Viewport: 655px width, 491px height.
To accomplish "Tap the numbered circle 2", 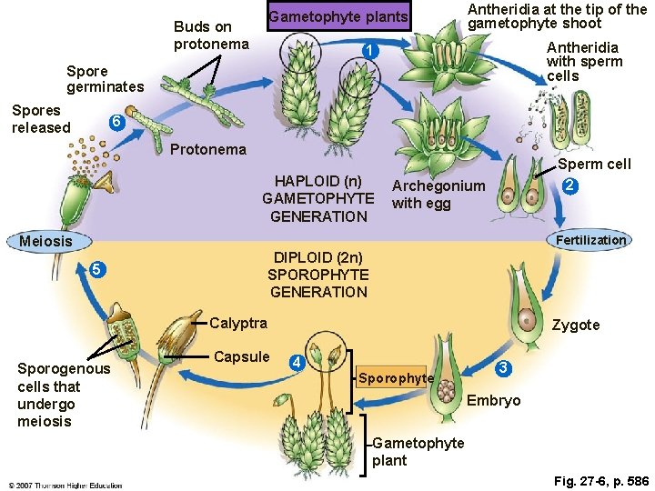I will click(568, 186).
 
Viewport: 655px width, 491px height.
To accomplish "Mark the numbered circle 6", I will click(115, 123).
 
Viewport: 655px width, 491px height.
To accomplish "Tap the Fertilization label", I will click(591, 240).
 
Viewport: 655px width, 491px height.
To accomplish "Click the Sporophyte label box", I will click(396, 377).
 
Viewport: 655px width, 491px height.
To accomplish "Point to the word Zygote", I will click(578, 325).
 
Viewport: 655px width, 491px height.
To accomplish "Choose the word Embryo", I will click(493, 401).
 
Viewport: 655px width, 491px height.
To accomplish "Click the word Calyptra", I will click(238, 323).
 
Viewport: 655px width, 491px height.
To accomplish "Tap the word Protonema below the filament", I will click(208, 149).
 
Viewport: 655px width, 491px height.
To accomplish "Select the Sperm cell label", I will click(594, 165).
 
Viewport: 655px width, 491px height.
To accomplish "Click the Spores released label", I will click(41, 119).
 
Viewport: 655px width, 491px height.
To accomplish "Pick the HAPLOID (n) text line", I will click(317, 180).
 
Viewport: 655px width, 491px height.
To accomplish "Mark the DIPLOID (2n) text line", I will click(317, 256).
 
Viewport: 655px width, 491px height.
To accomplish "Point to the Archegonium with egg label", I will click(438, 194).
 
